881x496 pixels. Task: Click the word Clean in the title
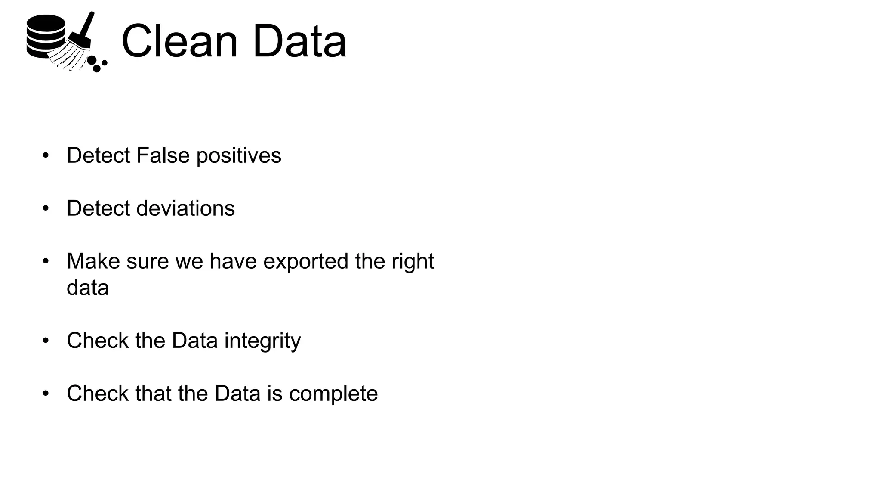tap(179, 41)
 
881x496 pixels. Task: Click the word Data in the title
tap(299, 41)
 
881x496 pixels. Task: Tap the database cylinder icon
tap(45, 36)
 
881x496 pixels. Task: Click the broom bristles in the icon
tap(69, 56)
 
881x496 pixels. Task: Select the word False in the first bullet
tap(163, 155)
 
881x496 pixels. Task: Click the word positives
tap(239, 156)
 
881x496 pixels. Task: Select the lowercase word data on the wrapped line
tap(88, 288)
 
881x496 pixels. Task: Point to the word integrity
tap(262, 341)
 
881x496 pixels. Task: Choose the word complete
tap(333, 394)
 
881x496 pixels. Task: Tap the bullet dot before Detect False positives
tap(46, 155)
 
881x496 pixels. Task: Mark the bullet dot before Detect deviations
tap(46, 208)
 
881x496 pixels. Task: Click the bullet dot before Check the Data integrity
tap(46, 341)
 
